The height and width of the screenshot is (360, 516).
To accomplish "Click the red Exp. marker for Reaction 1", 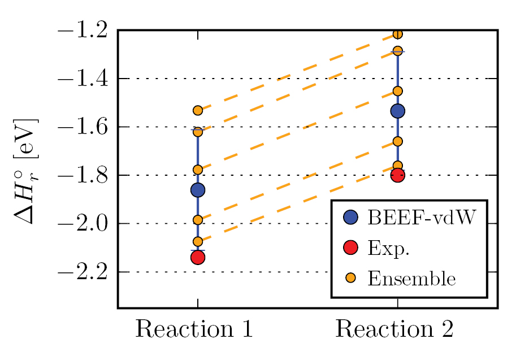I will tap(198, 257).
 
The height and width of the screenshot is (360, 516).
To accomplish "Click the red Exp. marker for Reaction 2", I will tap(397, 175).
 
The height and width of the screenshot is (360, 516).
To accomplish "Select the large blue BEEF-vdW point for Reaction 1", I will tap(198, 190).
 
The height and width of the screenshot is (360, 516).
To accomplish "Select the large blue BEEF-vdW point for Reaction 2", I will tap(397, 111).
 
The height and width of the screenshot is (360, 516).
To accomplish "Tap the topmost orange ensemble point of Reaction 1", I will tap(198, 110).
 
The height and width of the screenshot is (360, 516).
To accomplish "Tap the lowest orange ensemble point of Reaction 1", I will tap(198, 241).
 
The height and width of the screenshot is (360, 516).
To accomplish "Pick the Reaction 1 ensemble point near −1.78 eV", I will tap(198, 170).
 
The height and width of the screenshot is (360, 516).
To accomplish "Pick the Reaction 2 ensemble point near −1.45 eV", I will tap(397, 91).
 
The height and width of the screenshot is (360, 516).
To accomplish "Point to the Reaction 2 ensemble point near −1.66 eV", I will tap(397, 141).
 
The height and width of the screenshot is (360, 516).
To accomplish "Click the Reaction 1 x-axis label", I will tap(193, 329).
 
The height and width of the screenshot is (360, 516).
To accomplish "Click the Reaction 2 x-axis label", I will tap(394, 329).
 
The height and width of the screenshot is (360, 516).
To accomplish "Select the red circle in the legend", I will tap(350, 247).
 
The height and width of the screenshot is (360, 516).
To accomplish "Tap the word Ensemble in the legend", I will tap(411, 278).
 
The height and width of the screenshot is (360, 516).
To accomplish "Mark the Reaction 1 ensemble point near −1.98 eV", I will tap(198, 220).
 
